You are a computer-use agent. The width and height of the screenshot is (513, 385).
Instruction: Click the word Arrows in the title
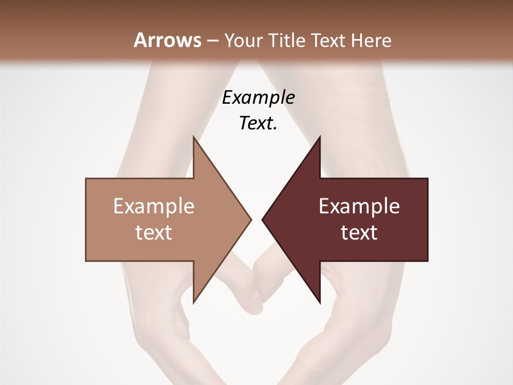tap(167, 40)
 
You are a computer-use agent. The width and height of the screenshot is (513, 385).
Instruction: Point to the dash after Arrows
tap(212, 41)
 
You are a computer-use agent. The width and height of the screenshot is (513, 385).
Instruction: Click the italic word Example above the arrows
tap(259, 98)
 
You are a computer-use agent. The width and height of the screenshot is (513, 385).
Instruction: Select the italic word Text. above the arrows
tap(259, 124)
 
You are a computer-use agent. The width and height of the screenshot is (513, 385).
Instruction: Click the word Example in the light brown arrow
tap(153, 206)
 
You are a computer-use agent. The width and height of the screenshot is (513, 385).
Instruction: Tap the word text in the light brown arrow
tap(153, 233)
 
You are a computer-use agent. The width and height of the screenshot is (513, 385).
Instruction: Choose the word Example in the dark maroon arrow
tap(359, 206)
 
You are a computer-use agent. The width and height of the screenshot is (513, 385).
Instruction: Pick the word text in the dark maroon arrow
tap(359, 233)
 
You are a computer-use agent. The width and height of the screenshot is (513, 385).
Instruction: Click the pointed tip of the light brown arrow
tap(251, 219)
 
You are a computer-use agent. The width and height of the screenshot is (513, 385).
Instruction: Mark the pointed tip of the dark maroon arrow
tap(262, 219)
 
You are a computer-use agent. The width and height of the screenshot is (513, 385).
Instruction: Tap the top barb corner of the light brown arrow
tap(193, 137)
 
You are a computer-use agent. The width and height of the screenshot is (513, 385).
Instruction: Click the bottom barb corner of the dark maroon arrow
tap(320, 303)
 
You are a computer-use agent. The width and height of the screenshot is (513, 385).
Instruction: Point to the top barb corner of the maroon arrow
tap(320, 137)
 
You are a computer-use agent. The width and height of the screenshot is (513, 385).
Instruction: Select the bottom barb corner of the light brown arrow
tap(193, 303)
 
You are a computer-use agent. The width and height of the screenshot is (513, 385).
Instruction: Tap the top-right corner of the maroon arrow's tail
tap(428, 179)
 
